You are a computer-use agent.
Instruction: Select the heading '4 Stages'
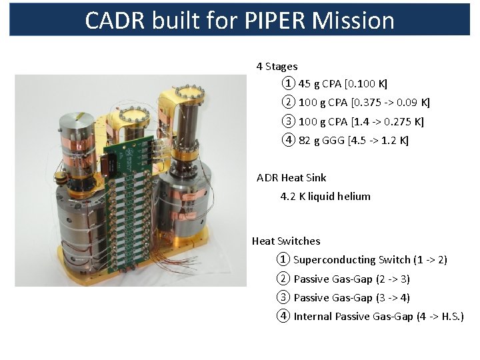tap(277, 67)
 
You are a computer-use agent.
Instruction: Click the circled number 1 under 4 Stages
tap(287, 84)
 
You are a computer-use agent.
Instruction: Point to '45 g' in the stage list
tap(310, 84)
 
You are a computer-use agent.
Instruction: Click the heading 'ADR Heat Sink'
tap(291, 178)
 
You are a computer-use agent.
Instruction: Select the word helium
tap(353, 197)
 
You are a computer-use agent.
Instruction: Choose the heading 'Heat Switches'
tap(286, 241)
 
